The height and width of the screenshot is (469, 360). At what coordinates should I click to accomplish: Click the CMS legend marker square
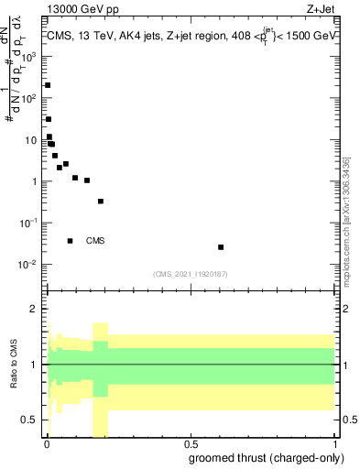pos(71,241)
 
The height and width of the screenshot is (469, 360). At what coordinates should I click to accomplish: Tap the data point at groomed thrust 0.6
pos(221,247)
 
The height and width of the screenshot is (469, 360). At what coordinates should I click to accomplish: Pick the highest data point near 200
pos(48,85)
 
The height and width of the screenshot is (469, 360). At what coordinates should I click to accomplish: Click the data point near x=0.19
pos(101,202)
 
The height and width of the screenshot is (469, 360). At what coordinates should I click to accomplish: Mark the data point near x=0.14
pos(87,180)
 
